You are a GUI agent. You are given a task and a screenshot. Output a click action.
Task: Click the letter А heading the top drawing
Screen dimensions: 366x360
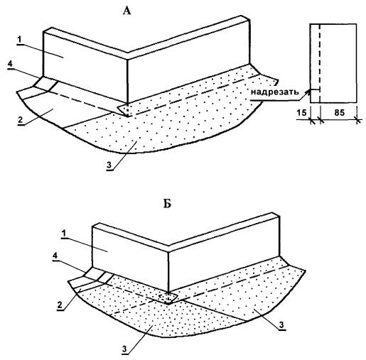tap(127, 11)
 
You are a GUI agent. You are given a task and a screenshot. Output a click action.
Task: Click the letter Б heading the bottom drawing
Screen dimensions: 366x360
tap(167, 204)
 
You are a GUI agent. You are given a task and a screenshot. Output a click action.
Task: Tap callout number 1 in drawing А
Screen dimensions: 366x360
tap(20, 40)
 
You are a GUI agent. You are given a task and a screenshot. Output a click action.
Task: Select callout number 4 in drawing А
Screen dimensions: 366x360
tap(10, 64)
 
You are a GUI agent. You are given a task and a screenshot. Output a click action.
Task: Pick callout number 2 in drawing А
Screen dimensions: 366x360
tap(21, 119)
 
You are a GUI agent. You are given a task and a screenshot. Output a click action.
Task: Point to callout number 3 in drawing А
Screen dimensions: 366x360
tap(109, 165)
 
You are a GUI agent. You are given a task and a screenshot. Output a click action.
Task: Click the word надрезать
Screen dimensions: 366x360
tap(274, 92)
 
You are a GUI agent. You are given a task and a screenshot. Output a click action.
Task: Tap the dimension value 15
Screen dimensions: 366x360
tap(301, 113)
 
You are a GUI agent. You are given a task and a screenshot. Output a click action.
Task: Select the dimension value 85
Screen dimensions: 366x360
tap(339, 113)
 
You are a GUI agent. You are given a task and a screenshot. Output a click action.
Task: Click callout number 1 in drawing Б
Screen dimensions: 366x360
tap(63, 234)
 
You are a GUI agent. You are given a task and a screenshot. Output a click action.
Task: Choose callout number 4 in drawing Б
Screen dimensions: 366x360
tap(55, 256)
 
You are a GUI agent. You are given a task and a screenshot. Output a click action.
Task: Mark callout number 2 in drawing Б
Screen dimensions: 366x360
tap(60, 305)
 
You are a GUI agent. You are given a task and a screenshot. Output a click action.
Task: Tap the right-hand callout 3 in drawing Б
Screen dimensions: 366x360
tap(281, 325)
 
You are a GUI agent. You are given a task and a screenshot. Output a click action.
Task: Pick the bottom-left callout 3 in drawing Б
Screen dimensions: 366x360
tap(125, 349)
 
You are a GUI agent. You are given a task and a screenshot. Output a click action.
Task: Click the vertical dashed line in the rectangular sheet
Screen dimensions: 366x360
tap(320, 63)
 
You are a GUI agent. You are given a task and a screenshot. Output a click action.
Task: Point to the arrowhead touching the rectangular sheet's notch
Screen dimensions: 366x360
tap(308, 92)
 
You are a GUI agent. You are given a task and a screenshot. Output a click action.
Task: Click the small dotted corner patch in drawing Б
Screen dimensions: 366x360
tap(168, 298)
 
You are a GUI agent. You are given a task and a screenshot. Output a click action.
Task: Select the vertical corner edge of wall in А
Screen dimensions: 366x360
tap(128, 82)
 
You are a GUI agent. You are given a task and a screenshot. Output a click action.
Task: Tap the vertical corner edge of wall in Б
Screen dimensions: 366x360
tap(168, 271)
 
